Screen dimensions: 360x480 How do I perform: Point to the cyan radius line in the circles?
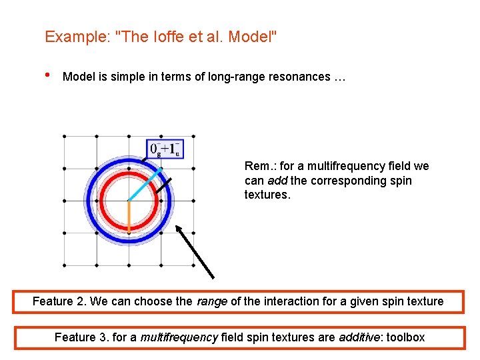pyautogui.click(x=145, y=184)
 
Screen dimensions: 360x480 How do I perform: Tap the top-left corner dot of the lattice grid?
pyautogui.click(x=64, y=136)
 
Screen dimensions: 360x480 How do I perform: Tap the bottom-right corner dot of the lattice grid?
pyautogui.click(x=193, y=265)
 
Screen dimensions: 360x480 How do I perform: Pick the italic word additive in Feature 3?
pyautogui.click(x=358, y=337)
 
